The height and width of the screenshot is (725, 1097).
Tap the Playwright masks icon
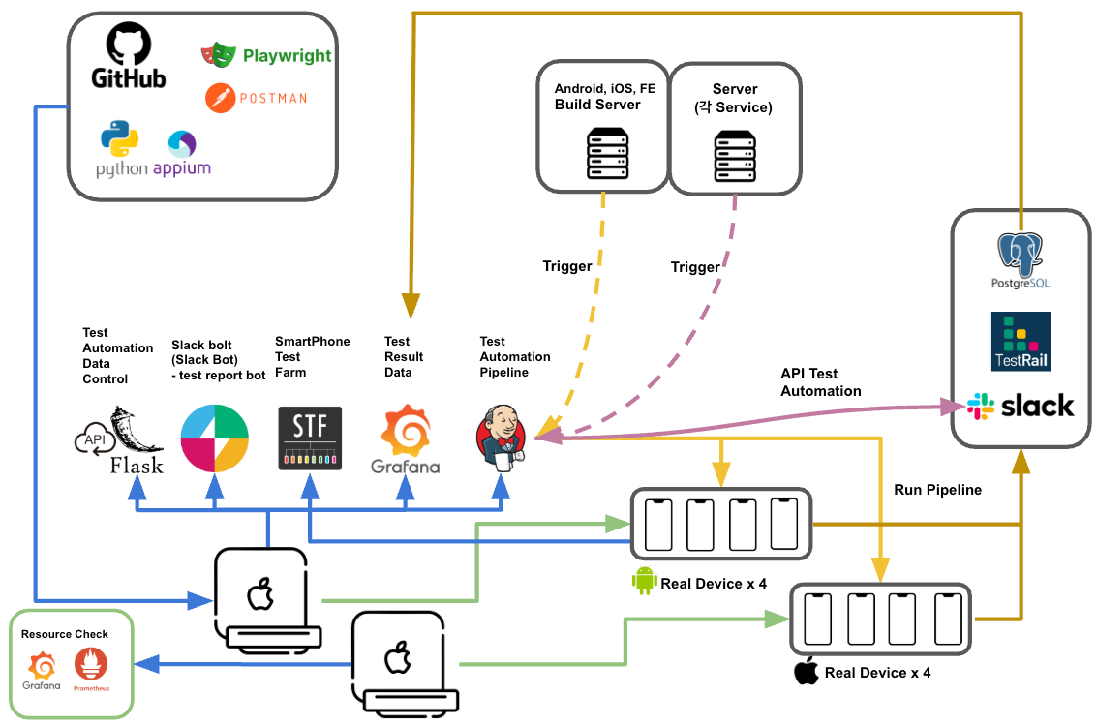[x=219, y=55]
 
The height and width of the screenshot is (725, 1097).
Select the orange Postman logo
[x=221, y=98]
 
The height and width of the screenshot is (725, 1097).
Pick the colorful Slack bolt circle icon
[x=215, y=438]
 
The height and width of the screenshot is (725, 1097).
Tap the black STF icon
[x=310, y=438]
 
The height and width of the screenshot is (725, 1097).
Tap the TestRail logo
[x=1021, y=341]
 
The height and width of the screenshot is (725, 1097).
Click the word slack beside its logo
[x=1037, y=406]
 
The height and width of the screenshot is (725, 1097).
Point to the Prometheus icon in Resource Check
[x=91, y=666]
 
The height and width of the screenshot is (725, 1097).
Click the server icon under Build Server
[x=606, y=156]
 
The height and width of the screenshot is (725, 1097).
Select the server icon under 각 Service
[x=734, y=156]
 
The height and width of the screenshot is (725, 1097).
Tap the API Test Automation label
[x=821, y=382]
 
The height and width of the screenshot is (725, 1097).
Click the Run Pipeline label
[x=937, y=490]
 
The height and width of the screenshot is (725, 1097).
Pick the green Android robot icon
[x=644, y=581]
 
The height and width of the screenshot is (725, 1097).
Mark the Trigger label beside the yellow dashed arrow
[x=567, y=266]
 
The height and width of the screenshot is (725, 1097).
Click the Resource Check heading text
[x=65, y=634]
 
